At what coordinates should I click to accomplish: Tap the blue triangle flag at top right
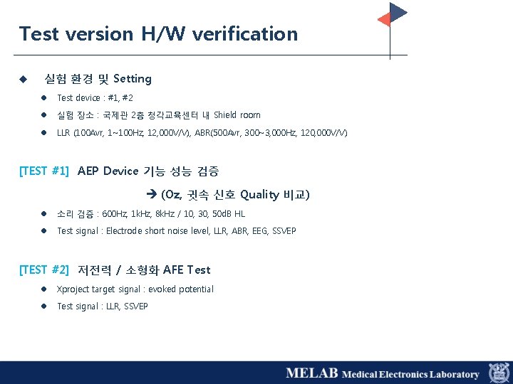(398, 11)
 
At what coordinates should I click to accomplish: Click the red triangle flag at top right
(383, 19)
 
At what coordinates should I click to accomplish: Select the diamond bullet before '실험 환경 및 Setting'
(23, 79)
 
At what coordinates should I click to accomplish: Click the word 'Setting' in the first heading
(133, 79)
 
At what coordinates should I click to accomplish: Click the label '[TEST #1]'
(44, 171)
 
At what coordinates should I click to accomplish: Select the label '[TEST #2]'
(44, 270)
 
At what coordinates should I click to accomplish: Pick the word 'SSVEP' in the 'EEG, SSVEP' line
(284, 231)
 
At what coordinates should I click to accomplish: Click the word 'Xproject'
(72, 289)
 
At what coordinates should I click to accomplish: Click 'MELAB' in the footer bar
(311, 373)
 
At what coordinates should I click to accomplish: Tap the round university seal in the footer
(499, 373)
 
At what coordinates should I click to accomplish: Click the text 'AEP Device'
(108, 171)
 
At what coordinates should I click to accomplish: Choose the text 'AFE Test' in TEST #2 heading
(187, 270)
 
